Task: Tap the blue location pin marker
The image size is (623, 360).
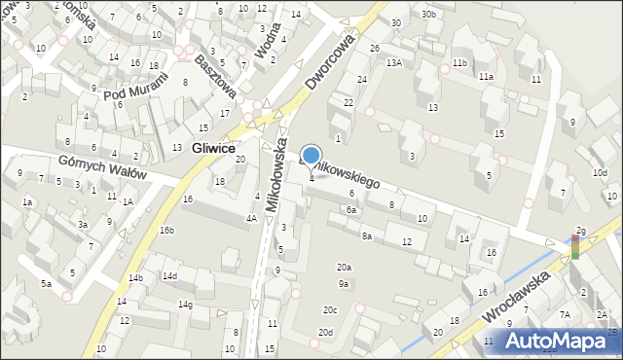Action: (x=311, y=157)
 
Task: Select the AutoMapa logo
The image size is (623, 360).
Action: (x=560, y=342)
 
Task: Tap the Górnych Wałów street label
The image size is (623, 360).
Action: (x=101, y=167)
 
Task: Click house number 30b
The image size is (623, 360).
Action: (x=428, y=15)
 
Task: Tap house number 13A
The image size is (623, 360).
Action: (x=393, y=62)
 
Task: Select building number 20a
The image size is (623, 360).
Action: (x=344, y=268)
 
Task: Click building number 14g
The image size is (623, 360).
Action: (x=185, y=305)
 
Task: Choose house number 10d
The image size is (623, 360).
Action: (x=601, y=173)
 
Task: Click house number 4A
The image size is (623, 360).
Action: (x=250, y=219)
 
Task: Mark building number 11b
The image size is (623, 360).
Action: (x=458, y=63)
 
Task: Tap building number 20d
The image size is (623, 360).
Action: (x=324, y=333)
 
